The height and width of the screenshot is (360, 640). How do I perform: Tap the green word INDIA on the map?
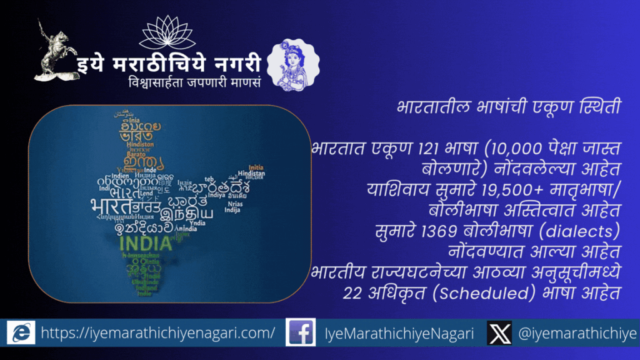[x=146, y=242]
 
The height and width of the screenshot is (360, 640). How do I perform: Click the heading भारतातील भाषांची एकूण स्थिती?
[x=508, y=106]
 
